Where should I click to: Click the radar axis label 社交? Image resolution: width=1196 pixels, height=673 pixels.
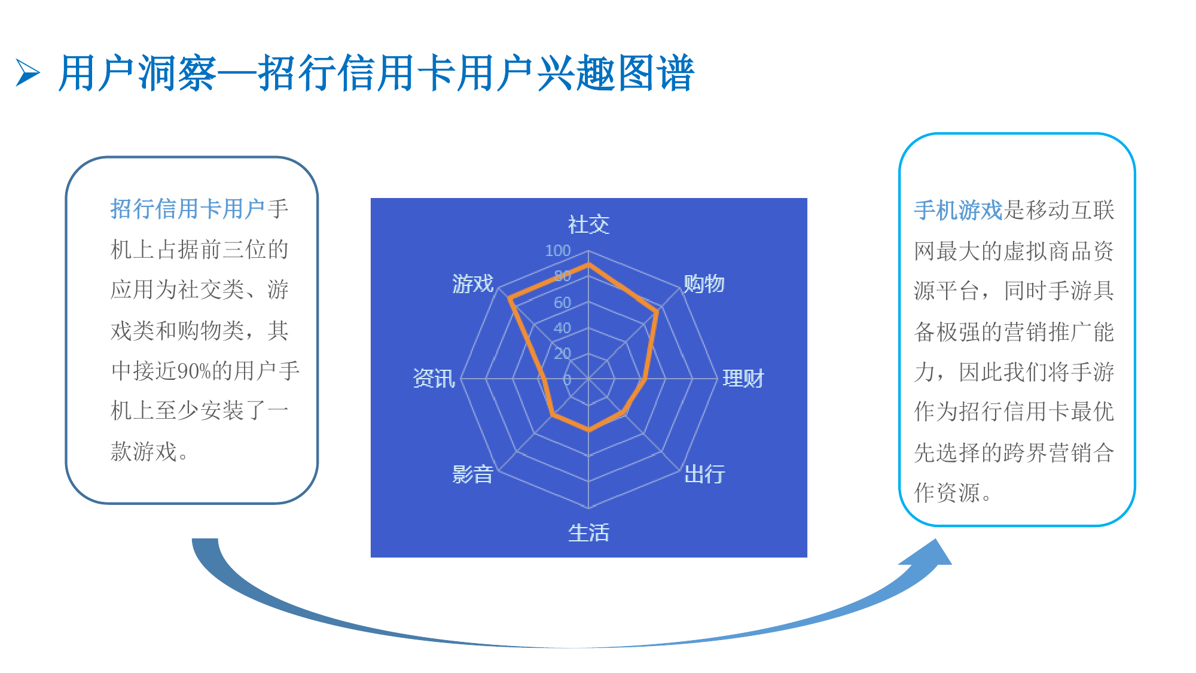(588, 225)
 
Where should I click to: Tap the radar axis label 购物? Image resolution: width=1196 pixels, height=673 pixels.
(704, 284)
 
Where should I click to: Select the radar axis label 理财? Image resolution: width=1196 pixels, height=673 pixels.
(743, 379)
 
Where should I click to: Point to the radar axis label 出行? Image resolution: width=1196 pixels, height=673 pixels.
(704, 474)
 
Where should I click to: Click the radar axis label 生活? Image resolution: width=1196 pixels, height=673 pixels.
(588, 532)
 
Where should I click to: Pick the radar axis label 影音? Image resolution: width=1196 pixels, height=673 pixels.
(472, 474)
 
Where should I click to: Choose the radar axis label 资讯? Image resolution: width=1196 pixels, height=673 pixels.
(434, 379)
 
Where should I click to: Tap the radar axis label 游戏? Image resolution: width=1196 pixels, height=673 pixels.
(472, 284)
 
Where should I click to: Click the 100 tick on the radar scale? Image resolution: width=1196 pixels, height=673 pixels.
(557, 251)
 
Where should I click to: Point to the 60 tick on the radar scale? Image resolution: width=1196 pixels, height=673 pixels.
(562, 303)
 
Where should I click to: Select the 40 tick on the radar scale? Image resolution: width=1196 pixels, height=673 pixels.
(562, 328)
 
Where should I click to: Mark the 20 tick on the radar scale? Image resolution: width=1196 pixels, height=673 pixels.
(562, 354)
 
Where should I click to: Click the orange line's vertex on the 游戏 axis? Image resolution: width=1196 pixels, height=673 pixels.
(509, 298)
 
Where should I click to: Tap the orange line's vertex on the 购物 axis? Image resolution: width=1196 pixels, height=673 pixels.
(657, 311)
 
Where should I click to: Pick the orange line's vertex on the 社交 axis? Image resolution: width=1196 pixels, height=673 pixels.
(588, 264)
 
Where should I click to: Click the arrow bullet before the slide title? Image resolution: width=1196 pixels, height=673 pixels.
(28, 73)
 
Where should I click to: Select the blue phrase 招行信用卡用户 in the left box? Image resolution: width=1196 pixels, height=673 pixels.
(188, 209)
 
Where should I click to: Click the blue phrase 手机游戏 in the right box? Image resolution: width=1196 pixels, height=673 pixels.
(958, 210)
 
